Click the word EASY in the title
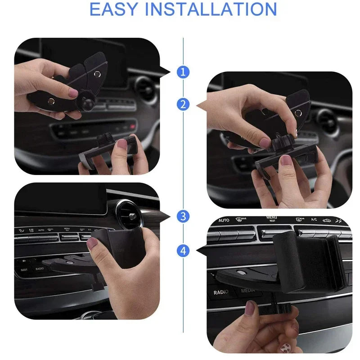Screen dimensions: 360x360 [x=116, y=9]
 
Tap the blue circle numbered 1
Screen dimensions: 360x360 [x=183, y=72]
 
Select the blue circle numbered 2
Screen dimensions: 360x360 [x=183, y=105]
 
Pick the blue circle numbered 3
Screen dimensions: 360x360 [x=183, y=216]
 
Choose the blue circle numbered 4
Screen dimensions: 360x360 [x=183, y=250]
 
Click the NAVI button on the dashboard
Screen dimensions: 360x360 [x=24, y=270]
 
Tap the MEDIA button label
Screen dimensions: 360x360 [x=248, y=291]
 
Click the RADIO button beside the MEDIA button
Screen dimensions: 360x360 [x=221, y=292]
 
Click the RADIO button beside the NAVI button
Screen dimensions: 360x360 [x=40, y=269]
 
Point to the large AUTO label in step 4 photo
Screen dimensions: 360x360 [x=224, y=220]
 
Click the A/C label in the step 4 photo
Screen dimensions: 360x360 [x=314, y=220]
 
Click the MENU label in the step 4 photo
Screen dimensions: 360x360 [x=271, y=219]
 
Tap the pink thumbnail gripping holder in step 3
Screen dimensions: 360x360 [x=92, y=243]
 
